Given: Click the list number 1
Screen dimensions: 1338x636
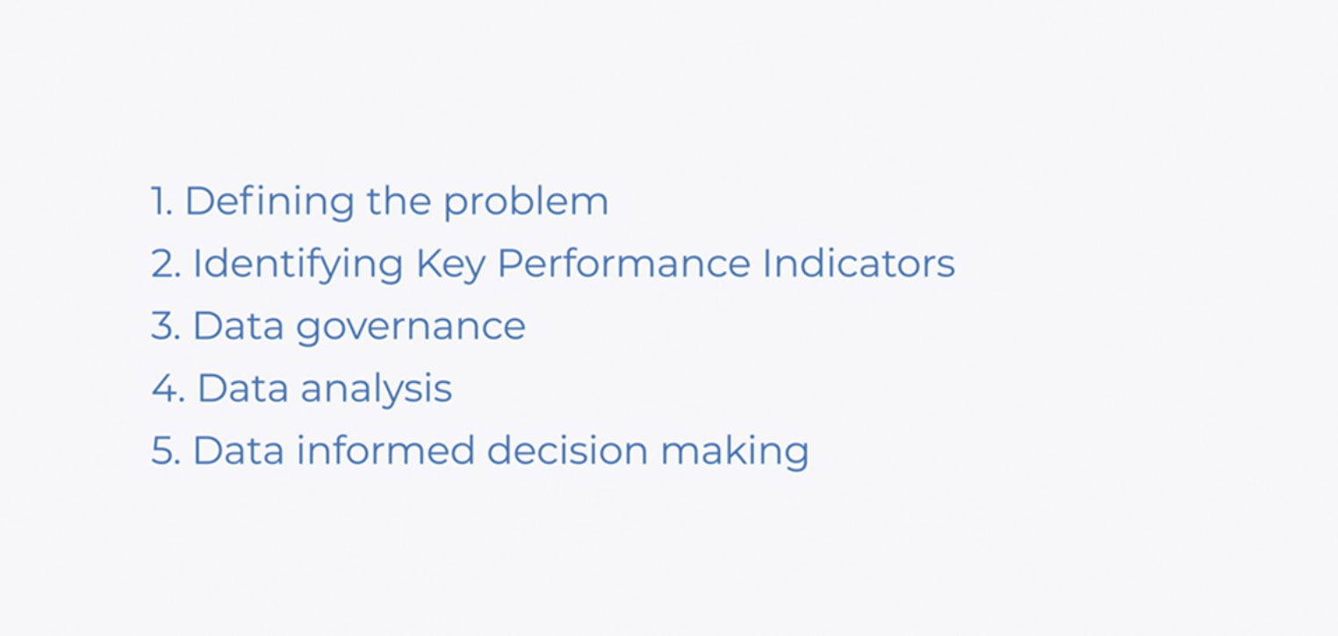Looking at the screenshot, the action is click(x=162, y=201).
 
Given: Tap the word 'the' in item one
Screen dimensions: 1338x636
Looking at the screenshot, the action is click(x=399, y=200).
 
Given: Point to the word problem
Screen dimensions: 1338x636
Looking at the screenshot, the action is click(x=526, y=202).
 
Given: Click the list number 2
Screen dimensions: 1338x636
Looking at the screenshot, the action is click(x=166, y=264).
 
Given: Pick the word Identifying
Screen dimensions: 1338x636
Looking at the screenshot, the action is click(x=298, y=264).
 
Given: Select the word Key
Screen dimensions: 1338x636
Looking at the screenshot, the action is click(x=450, y=264).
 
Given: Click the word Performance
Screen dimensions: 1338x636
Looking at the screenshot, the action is click(x=623, y=263).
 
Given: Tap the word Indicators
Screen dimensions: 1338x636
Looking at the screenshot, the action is click(x=859, y=263).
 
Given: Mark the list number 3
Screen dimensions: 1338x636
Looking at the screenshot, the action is click(x=166, y=326).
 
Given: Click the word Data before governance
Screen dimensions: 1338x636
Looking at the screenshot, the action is click(x=238, y=326).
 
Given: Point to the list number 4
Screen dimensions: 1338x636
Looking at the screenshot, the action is click(x=169, y=388).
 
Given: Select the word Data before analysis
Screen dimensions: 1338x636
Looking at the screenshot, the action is click(x=242, y=388).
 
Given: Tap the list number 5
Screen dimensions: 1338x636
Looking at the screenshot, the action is click(x=166, y=450).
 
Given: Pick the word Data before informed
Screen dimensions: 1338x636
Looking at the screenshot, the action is click(x=238, y=450).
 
